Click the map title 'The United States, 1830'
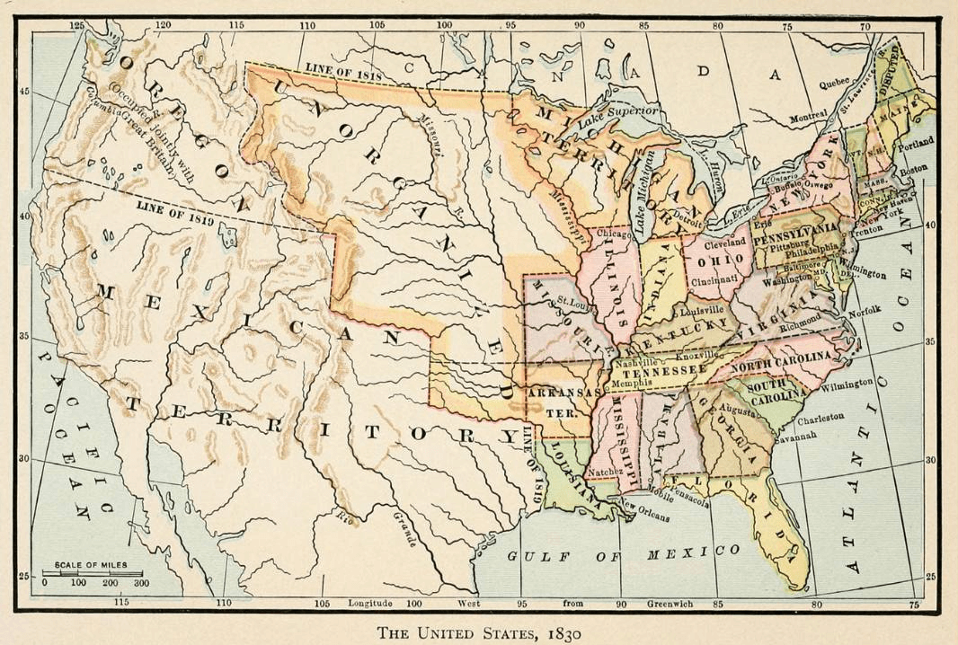click(x=479, y=632)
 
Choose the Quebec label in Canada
click(x=833, y=83)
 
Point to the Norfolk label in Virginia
click(x=864, y=311)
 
